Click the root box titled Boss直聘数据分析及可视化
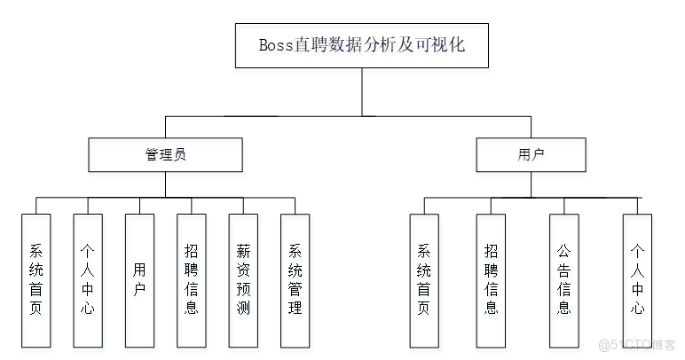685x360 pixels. [x=362, y=44]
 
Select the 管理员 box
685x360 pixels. [x=166, y=154]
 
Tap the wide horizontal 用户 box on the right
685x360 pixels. [x=531, y=154]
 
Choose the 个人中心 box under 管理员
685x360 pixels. [x=87, y=279]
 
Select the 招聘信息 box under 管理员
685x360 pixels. [x=191, y=279]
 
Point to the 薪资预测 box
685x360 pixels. [x=243, y=279]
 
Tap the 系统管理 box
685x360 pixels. [x=295, y=279]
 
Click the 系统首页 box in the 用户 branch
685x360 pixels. [x=424, y=279]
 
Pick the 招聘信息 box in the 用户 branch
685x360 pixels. [x=491, y=279]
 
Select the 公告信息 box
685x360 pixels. [x=564, y=279]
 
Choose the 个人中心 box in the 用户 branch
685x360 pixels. [x=637, y=279]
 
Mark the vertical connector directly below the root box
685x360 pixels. [x=362, y=91]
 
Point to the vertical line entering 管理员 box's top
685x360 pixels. [x=166, y=126]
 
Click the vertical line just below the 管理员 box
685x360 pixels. [x=166, y=184]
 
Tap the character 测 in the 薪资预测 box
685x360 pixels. [x=243, y=309]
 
